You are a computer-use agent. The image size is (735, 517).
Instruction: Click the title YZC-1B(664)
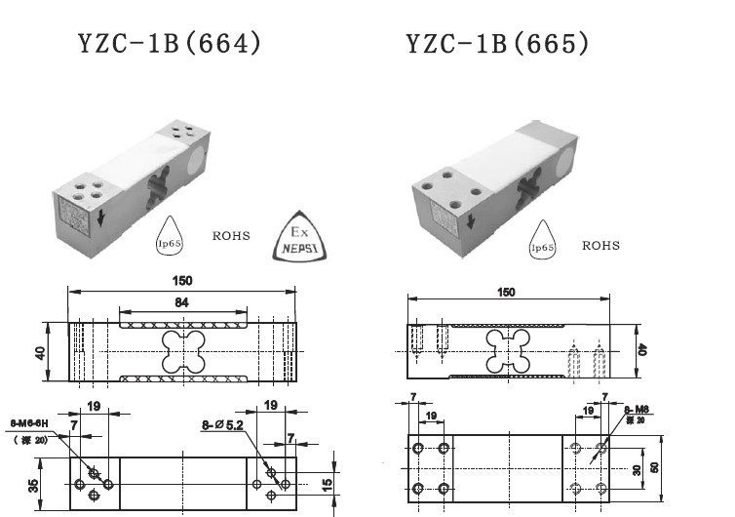tap(171, 45)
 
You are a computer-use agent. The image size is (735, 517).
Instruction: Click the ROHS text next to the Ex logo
tap(231, 236)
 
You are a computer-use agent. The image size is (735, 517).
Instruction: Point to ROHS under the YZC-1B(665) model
tap(600, 246)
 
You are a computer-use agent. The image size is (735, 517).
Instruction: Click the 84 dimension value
tap(182, 303)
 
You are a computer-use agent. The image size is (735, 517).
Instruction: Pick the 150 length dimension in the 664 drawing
tap(182, 281)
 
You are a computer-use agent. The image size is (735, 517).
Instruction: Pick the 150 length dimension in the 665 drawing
tap(507, 292)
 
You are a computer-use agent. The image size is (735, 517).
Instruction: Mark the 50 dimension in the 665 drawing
tap(656, 467)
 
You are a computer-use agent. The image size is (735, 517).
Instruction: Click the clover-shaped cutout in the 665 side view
tap(508, 348)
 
